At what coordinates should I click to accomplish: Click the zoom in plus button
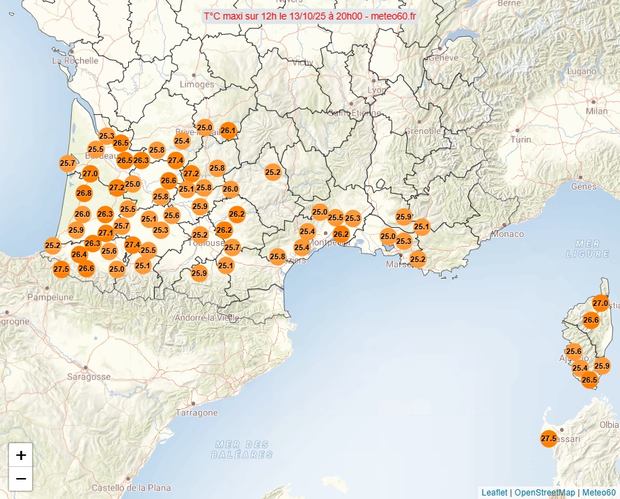[21, 456]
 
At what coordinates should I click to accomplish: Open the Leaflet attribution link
[494, 493]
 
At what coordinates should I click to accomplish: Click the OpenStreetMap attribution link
[545, 493]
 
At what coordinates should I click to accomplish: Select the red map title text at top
[310, 16]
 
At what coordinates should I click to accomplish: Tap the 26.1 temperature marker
[228, 130]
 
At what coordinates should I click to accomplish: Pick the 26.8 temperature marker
[84, 193]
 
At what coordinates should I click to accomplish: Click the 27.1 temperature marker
[106, 233]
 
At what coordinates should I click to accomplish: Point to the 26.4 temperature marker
[79, 254]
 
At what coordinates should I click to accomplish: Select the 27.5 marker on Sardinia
[548, 438]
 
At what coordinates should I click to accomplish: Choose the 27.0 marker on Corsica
[600, 303]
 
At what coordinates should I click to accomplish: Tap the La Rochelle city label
[76, 61]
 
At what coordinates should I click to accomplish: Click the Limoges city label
[197, 84]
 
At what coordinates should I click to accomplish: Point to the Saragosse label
[89, 376]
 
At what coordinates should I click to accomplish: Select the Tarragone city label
[197, 413]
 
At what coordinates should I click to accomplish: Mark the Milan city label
[597, 111]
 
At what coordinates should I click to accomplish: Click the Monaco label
[508, 234]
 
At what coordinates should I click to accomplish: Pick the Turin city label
[521, 139]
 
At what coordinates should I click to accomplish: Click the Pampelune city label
[50, 297]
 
